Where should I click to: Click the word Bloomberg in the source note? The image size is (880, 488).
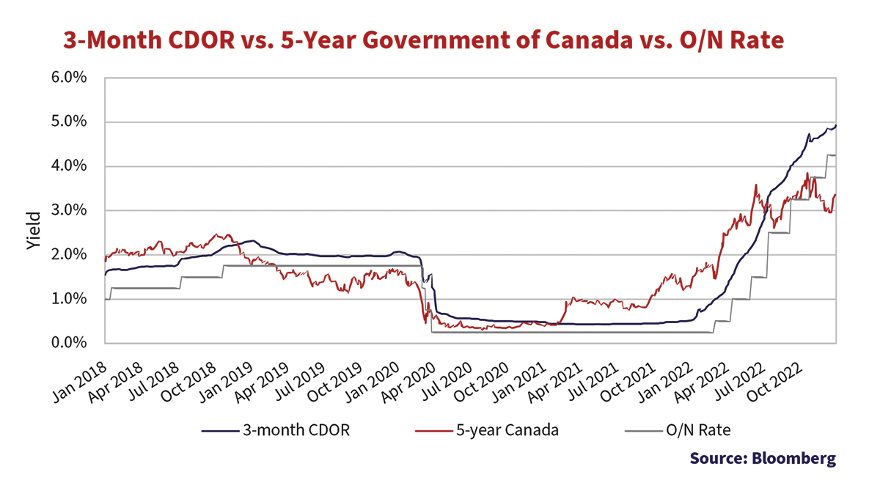[793, 459]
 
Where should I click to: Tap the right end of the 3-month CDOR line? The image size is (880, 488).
[837, 126]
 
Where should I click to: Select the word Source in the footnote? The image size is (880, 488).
[716, 459]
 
